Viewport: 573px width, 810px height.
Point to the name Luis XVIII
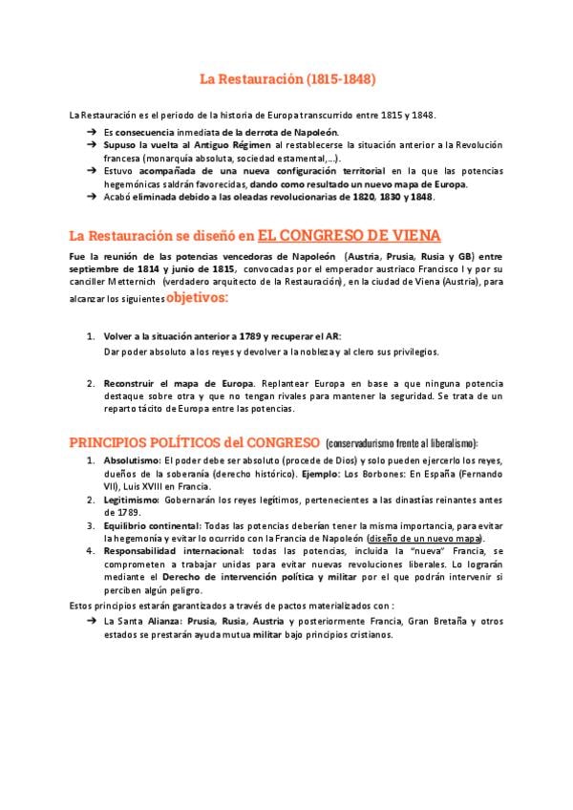click(x=147, y=486)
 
